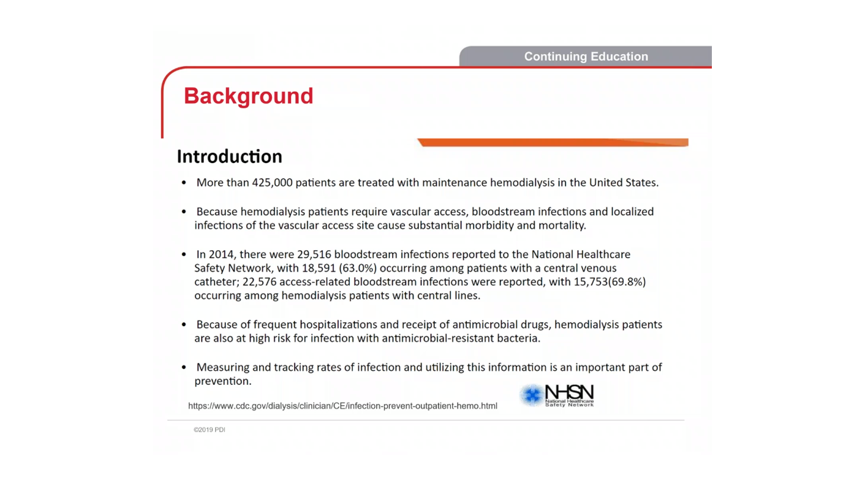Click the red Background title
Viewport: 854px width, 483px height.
tap(248, 96)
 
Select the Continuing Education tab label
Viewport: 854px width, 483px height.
tap(586, 56)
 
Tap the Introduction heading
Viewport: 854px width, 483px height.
tap(229, 156)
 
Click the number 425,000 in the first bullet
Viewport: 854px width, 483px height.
tap(272, 183)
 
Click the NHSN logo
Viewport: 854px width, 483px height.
tap(557, 395)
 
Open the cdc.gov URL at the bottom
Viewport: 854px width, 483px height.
tap(342, 406)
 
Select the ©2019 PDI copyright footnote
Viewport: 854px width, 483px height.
tap(210, 430)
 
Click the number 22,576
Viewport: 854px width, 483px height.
tap(259, 282)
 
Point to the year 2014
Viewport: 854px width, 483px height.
tap(221, 254)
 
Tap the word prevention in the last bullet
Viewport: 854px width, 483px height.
tap(222, 381)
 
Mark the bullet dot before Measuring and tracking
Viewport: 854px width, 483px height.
tap(184, 368)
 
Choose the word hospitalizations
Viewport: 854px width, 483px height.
tap(328, 325)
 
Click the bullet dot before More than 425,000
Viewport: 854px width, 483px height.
tap(184, 183)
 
